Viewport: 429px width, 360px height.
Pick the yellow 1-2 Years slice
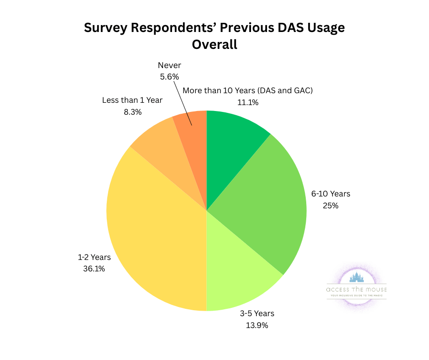pos(155,228)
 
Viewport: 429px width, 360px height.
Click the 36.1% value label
pos(94,269)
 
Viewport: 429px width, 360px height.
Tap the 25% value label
pos(330,206)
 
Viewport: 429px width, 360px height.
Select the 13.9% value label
pos(257,325)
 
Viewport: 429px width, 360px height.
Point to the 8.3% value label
pos(132,111)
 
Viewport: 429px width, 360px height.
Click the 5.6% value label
pos(169,77)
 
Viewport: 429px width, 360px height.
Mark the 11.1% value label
pos(248,102)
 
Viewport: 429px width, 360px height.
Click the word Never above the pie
pos(169,65)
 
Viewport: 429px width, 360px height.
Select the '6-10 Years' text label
pos(331,194)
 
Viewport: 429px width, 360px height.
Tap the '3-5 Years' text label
pos(257,313)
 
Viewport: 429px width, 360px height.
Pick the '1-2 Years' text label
pos(94,257)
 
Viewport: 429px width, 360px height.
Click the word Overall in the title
pos(214,45)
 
